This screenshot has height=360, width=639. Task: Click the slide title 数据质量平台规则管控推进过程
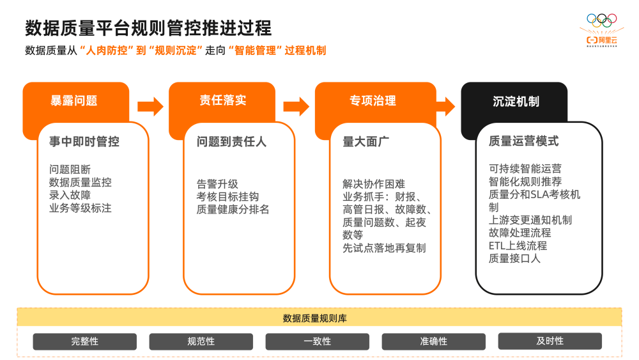pyautogui.click(x=148, y=28)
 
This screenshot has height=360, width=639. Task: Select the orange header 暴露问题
pyautogui.click(x=74, y=100)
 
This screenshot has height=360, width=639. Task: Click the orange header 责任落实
pyautogui.click(x=222, y=100)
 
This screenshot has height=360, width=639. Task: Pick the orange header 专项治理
pyautogui.click(x=373, y=100)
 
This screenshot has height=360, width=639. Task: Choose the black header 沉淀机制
pyautogui.click(x=516, y=101)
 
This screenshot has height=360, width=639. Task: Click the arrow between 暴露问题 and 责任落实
pyautogui.click(x=150, y=106)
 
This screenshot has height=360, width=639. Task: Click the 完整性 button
pyautogui.click(x=85, y=341)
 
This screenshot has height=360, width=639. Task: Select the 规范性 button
pyautogui.click(x=201, y=341)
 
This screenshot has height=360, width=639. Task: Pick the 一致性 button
pyautogui.click(x=318, y=341)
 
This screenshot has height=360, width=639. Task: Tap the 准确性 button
pyautogui.click(x=434, y=341)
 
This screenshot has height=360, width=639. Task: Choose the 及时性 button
pyautogui.click(x=550, y=341)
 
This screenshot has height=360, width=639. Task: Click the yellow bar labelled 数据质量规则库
pyautogui.click(x=319, y=318)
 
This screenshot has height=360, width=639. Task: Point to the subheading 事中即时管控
pyautogui.click(x=84, y=142)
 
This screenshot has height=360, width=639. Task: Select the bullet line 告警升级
pyautogui.click(x=217, y=184)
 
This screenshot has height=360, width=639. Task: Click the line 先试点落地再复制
pyautogui.click(x=384, y=247)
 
